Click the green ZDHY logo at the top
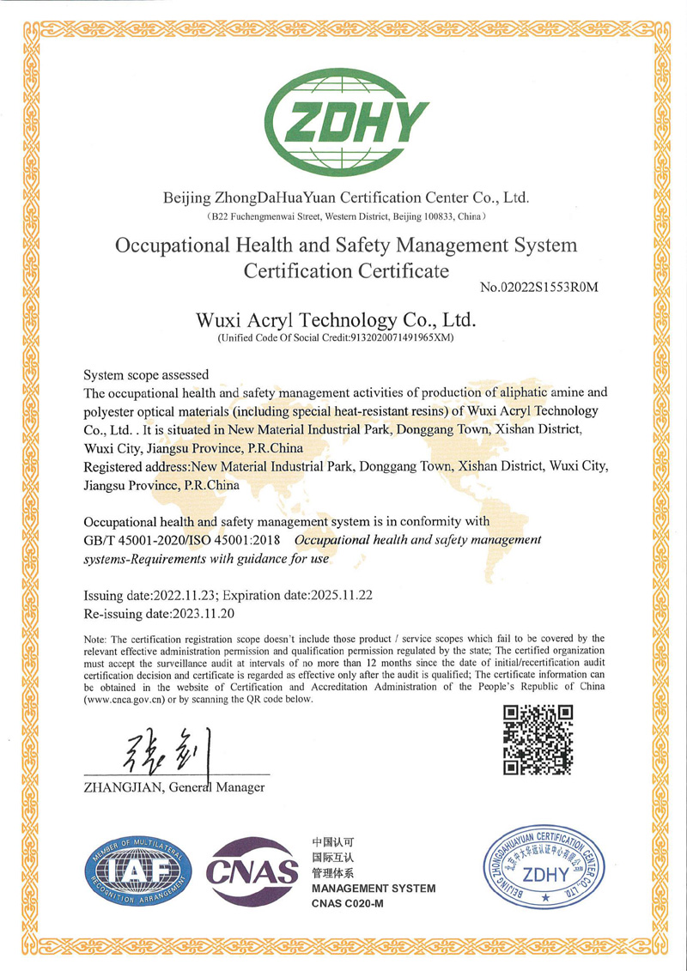(x=347, y=120)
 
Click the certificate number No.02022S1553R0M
(x=538, y=286)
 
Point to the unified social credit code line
(x=336, y=338)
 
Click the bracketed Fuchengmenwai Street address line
(x=345, y=215)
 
